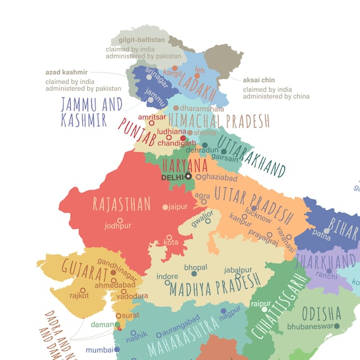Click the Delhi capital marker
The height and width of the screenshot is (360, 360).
click(x=188, y=177)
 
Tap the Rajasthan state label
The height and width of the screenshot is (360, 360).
click(x=122, y=203)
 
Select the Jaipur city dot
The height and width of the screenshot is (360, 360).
click(x=165, y=207)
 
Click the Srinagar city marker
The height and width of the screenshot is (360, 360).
click(x=149, y=77)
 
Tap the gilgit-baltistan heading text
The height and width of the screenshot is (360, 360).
click(x=141, y=40)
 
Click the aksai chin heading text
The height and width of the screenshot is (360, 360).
click(x=259, y=80)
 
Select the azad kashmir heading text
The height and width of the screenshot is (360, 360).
click(x=66, y=73)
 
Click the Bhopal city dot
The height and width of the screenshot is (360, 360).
click(x=195, y=274)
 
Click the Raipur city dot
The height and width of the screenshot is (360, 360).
click(x=256, y=310)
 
